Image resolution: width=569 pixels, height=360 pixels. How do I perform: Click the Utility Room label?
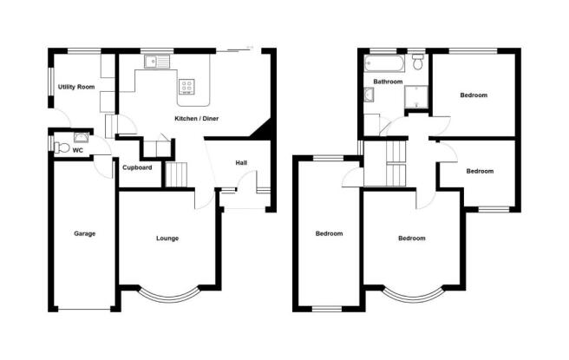76,88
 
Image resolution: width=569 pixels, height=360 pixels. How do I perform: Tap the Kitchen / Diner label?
197,118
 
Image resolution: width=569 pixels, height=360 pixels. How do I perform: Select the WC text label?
77,150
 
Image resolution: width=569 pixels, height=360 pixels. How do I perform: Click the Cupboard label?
137,167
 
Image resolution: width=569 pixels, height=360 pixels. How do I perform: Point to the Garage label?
84,233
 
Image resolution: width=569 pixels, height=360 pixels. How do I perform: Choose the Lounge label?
167,238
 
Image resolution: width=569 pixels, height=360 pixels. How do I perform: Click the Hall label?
243,162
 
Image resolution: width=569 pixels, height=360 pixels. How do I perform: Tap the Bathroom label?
388,82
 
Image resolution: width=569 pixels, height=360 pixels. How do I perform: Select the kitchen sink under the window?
158,62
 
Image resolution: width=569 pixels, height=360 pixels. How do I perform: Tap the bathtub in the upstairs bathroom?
383,63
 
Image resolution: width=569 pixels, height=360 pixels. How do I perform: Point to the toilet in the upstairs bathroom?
418,62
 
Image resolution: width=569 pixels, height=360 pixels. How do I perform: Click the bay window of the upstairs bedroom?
413,294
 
